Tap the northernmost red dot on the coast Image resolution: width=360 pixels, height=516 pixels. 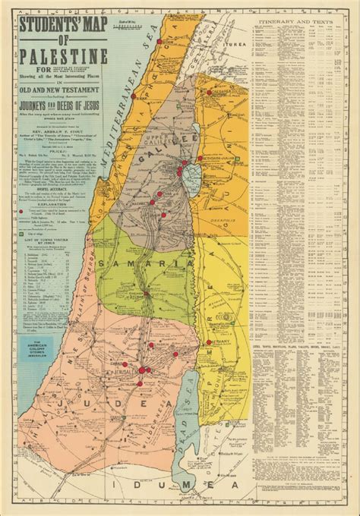click(x=134, y=98)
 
